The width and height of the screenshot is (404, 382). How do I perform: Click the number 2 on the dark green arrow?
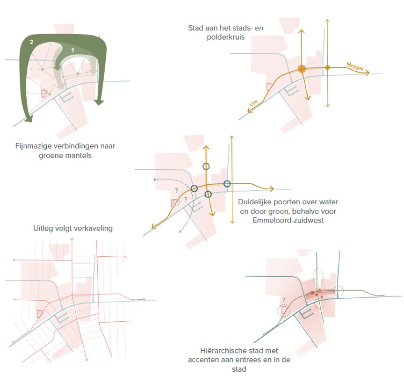point(31,42)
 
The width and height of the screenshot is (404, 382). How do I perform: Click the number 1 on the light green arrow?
point(72,50)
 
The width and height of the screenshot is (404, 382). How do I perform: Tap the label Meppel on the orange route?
point(355,66)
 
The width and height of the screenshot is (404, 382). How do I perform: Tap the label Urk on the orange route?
point(253,103)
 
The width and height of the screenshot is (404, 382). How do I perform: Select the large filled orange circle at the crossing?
point(302,69)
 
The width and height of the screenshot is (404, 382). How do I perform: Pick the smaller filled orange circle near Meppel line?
point(327,68)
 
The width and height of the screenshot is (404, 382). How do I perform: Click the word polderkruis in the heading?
point(226,37)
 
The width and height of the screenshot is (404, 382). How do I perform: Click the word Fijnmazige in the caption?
point(32,146)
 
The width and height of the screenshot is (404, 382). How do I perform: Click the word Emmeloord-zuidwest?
point(288,221)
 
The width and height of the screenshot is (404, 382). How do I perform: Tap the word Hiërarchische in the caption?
point(222,351)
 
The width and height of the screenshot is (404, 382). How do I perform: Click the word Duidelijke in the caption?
point(255,202)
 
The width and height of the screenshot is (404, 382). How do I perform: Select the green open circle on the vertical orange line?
point(206,166)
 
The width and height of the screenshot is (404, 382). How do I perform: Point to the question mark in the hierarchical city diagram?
point(284,300)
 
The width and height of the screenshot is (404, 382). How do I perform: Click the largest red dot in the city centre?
point(312,293)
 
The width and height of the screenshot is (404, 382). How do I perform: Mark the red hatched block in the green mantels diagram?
point(44,93)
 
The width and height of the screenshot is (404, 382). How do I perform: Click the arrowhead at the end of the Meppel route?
point(367,72)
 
